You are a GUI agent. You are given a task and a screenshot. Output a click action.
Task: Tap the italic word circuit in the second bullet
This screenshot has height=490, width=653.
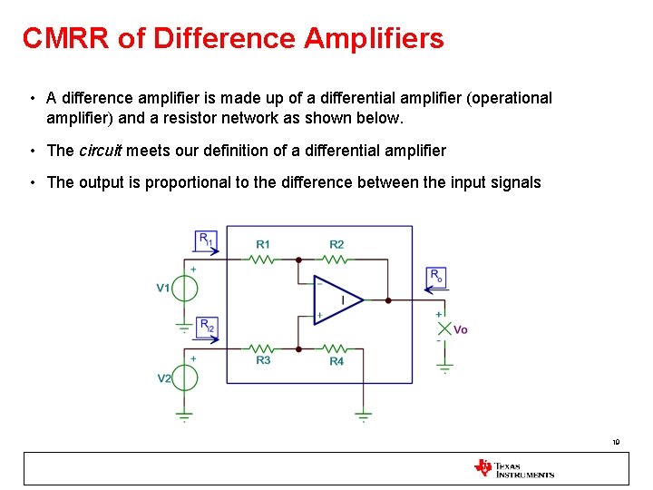tap(101, 151)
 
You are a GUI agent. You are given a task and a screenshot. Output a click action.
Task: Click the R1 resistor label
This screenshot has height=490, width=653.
tap(263, 245)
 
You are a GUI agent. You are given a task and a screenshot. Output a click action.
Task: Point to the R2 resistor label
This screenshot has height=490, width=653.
tap(336, 245)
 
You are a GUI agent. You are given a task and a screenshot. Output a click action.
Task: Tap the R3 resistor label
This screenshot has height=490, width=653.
tap(263, 360)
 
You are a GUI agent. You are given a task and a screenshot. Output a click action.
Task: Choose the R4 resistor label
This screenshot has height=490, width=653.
tap(336, 361)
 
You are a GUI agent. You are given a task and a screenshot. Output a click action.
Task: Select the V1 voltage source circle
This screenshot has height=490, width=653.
tap(184, 288)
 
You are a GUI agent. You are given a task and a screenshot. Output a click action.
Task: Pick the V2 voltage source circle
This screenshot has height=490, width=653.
tap(184, 377)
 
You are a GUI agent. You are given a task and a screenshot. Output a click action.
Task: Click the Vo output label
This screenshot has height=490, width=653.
tap(461, 329)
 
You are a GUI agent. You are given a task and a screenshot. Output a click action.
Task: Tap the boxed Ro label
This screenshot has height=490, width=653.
tap(436, 276)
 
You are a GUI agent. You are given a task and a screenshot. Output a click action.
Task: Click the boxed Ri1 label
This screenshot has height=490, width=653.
tap(206, 240)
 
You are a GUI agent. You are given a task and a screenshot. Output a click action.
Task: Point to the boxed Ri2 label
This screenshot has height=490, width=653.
tap(206, 326)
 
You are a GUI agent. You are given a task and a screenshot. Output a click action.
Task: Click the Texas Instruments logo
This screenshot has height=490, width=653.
tap(513, 468)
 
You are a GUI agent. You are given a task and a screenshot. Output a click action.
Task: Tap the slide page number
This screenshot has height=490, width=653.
tap(616, 443)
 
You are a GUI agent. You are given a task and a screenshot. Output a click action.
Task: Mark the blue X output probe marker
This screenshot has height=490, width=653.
tap(444, 328)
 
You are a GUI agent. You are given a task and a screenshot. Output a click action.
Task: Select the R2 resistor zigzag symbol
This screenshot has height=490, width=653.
tap(336, 259)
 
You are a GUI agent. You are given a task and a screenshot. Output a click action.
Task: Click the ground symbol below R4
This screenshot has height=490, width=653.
tap(363, 417)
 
